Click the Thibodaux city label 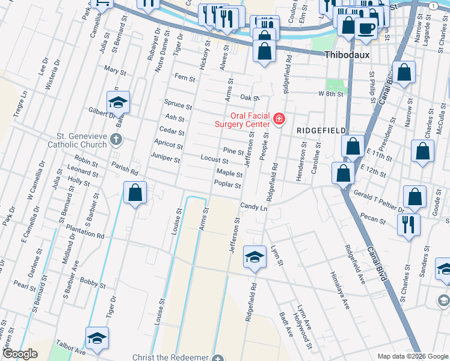coord(347,55)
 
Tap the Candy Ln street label coord(253,207)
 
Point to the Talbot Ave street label coord(71,350)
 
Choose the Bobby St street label coord(93,282)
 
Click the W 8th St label coord(330,94)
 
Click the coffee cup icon coord(366,27)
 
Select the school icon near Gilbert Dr coord(119,102)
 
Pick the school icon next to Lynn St coord(254,257)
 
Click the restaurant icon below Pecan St coord(408,224)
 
